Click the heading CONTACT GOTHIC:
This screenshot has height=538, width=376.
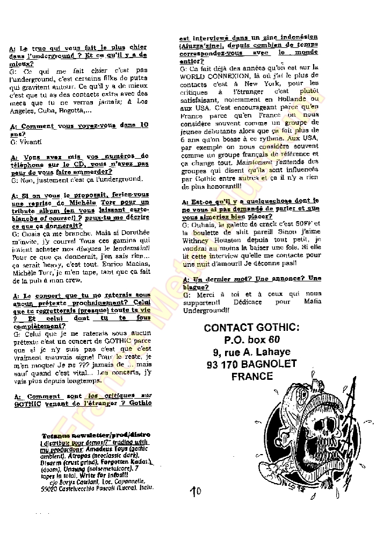(x=252, y=328)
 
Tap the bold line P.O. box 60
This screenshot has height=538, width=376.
(x=252, y=341)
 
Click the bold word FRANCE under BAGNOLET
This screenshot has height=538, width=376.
(x=252, y=377)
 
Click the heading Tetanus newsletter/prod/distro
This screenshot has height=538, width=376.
(x=95, y=435)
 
